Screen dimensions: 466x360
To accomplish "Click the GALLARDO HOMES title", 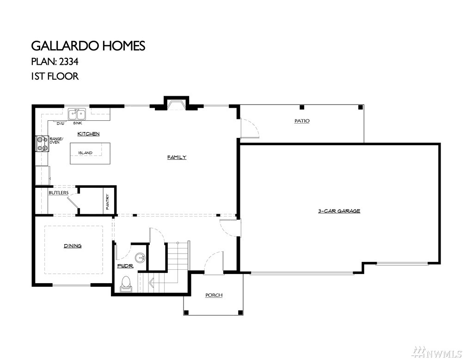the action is point(88,46).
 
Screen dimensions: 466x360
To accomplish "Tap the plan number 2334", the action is point(68,62).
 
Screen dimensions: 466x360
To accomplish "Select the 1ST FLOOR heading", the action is point(55,76).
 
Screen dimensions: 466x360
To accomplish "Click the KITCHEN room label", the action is point(88,134).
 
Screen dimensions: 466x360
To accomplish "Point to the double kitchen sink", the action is point(77,114).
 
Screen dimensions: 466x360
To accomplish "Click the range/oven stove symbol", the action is point(42,143).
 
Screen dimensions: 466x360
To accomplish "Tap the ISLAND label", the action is point(85,153).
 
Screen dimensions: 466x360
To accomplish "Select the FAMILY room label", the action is point(177,157).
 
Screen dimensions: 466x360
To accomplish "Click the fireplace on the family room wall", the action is point(177,104).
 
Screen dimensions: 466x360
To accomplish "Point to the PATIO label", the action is point(302,121).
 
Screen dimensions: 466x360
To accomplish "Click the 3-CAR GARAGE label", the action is point(339,211).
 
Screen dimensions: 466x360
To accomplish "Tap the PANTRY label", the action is point(108,202).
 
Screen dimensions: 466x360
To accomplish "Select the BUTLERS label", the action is point(59,193).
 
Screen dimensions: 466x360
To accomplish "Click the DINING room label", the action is point(73,246).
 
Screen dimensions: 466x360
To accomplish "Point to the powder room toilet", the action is point(126,284).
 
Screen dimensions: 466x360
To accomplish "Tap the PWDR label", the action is point(125,266).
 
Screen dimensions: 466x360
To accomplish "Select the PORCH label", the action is point(214,295).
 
